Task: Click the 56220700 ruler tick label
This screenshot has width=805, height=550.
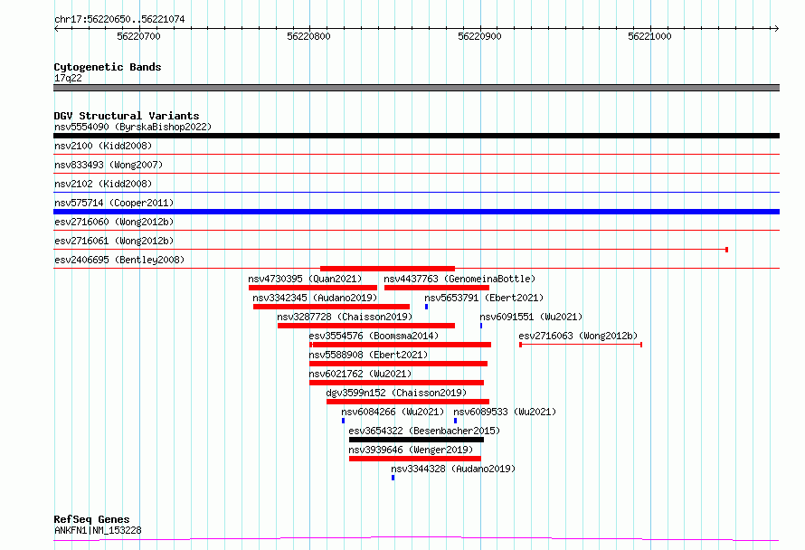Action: coord(138,36)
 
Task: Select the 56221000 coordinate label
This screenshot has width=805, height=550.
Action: coord(649,36)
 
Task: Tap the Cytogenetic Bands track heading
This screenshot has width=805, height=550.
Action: coord(108,67)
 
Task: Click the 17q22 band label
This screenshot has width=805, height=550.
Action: coord(68,78)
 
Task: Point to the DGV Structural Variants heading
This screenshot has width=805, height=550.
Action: coord(127,116)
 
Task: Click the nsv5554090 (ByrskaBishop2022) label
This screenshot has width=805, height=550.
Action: coord(133,127)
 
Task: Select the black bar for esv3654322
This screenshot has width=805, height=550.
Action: coord(416,440)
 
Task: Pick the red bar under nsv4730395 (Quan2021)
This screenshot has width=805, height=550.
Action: coord(313,288)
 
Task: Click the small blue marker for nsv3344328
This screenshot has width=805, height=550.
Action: coord(393,478)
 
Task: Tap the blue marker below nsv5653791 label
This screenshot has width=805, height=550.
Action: coord(427,307)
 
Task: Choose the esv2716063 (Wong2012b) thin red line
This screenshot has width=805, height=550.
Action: coord(581,345)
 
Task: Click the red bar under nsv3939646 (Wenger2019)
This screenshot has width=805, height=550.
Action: coord(415,459)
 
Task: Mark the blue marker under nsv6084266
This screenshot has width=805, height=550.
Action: coord(344,421)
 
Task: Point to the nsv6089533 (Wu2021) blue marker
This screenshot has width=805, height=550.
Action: coord(455,421)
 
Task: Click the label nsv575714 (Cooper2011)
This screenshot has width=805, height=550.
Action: coord(114,203)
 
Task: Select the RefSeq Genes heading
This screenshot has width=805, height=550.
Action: coord(92,519)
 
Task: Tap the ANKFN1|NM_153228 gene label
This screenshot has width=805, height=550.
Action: coord(98,530)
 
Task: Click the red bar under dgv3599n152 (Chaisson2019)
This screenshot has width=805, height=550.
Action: coord(408,402)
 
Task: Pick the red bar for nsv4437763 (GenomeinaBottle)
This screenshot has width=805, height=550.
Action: coord(436,288)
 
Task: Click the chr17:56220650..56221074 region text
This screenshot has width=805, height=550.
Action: coord(119,20)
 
